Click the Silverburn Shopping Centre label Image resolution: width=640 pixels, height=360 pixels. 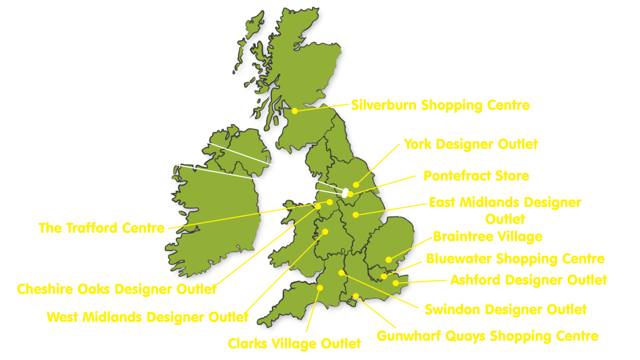440,105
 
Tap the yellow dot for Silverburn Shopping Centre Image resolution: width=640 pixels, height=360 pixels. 295,111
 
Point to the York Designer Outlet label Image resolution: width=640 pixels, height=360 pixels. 471,144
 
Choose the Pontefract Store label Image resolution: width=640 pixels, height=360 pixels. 476,176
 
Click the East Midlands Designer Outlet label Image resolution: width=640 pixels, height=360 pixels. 505,203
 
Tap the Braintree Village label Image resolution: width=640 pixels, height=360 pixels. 488,236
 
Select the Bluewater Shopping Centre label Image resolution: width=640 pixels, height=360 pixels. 515,259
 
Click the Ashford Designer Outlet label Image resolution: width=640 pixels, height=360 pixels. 528,280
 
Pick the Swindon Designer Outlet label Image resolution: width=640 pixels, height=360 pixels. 505,310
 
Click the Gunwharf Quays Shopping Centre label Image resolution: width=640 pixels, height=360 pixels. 487,336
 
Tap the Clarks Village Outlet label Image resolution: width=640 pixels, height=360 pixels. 294,343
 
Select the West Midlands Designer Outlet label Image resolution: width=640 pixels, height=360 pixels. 148,317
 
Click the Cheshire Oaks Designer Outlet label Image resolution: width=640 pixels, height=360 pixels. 117,289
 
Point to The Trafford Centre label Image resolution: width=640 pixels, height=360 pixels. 101,228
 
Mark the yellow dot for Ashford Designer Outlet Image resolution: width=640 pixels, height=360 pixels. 396,283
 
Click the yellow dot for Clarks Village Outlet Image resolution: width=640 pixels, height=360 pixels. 320,288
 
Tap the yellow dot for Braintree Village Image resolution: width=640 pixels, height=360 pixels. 389,259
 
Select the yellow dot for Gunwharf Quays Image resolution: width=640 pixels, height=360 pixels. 355,296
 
